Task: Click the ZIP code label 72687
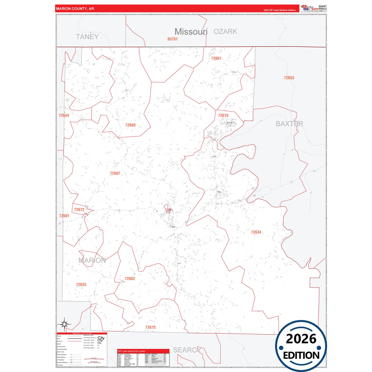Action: pos(115,174)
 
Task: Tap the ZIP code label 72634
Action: pos(256,232)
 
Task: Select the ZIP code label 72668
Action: pos(130,125)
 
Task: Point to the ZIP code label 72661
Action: pos(216,58)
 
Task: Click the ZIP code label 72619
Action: pos(223,116)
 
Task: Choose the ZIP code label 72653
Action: pos(289,78)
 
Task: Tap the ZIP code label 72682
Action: pos(130,279)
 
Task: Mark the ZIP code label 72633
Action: pos(81,285)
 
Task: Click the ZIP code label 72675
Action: pos(150,327)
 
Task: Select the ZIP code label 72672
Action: pos(79,210)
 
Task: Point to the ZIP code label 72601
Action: pos(64,216)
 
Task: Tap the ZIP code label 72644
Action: pos(64,116)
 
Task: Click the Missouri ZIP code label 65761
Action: pos(172,39)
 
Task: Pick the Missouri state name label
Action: pos(191,32)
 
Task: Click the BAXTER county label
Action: pos(289,124)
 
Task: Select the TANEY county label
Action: pos(87,37)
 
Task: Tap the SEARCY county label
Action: pos(187,350)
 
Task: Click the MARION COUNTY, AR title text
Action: pos(75,9)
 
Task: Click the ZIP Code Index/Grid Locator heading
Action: pos(132,351)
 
